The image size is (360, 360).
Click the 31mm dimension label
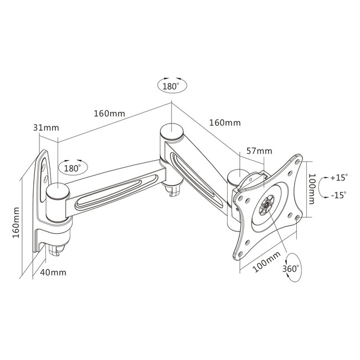(x=46, y=128)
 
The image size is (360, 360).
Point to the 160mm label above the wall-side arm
(x=109, y=114)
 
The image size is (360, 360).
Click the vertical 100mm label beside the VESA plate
(x=313, y=188)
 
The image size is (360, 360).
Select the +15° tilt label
(x=338, y=178)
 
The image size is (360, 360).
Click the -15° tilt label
(x=338, y=195)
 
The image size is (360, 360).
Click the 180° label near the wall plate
(x=73, y=167)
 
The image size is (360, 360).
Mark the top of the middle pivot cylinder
(x=171, y=132)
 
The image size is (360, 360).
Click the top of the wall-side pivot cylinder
(x=57, y=192)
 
